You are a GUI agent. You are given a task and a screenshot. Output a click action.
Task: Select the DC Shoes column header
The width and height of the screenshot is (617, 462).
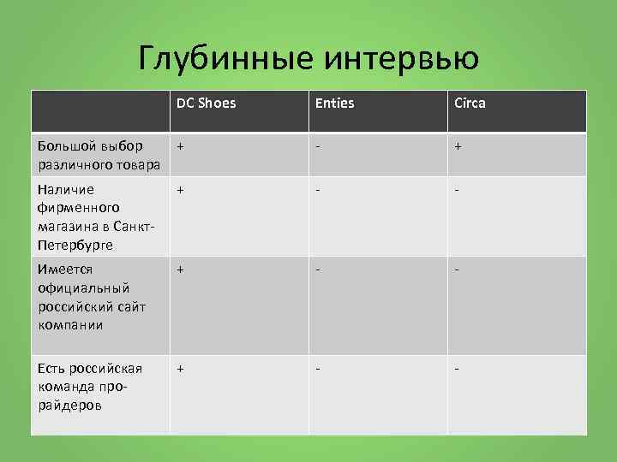(x=206, y=104)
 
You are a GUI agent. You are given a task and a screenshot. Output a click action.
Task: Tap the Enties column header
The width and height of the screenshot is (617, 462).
(x=334, y=104)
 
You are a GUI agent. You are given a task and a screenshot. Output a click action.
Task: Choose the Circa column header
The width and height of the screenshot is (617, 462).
(x=470, y=104)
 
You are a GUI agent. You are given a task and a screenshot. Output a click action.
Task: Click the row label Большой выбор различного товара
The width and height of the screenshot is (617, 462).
(x=99, y=155)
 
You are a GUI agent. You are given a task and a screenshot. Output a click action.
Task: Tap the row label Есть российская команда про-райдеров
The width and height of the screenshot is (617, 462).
(x=90, y=387)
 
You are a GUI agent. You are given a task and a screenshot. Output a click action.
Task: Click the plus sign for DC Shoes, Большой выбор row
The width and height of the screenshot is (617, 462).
(x=180, y=146)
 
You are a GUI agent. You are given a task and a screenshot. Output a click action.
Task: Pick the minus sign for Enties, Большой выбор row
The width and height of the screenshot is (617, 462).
(x=318, y=146)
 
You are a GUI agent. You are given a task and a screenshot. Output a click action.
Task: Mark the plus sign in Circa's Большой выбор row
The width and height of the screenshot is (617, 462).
(x=458, y=146)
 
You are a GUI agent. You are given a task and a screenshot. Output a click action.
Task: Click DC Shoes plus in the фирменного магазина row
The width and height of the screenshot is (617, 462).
(x=180, y=190)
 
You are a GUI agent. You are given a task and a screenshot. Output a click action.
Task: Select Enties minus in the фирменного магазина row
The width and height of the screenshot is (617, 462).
(x=318, y=190)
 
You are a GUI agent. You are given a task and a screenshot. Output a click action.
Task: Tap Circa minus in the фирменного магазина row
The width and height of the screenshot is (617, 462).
(x=458, y=190)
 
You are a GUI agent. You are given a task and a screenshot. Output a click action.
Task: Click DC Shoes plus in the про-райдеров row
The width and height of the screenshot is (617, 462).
(x=180, y=369)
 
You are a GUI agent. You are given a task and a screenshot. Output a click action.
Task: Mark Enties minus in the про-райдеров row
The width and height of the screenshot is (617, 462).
(x=318, y=369)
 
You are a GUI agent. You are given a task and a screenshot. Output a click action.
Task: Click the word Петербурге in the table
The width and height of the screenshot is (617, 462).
(x=75, y=245)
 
